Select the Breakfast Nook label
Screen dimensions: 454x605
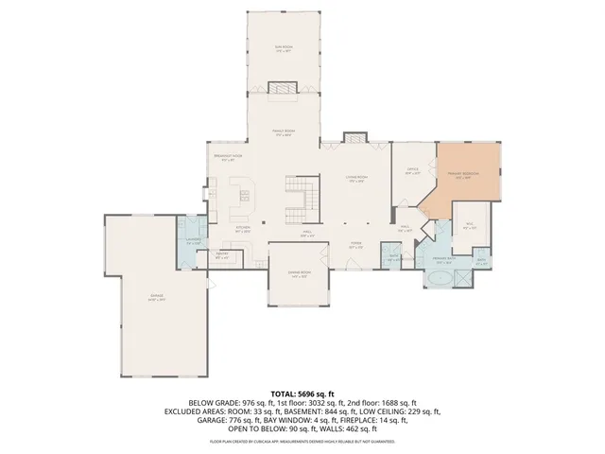coord(228,158)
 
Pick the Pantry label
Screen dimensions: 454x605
coord(223,254)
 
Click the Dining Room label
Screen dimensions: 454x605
coord(298,276)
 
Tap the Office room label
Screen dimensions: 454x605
coord(412,171)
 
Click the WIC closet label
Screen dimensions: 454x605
coord(469,225)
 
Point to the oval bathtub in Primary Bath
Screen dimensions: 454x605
coord(439,280)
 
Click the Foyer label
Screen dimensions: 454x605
coord(356,244)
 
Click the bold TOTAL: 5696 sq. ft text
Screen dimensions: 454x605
coord(302,393)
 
